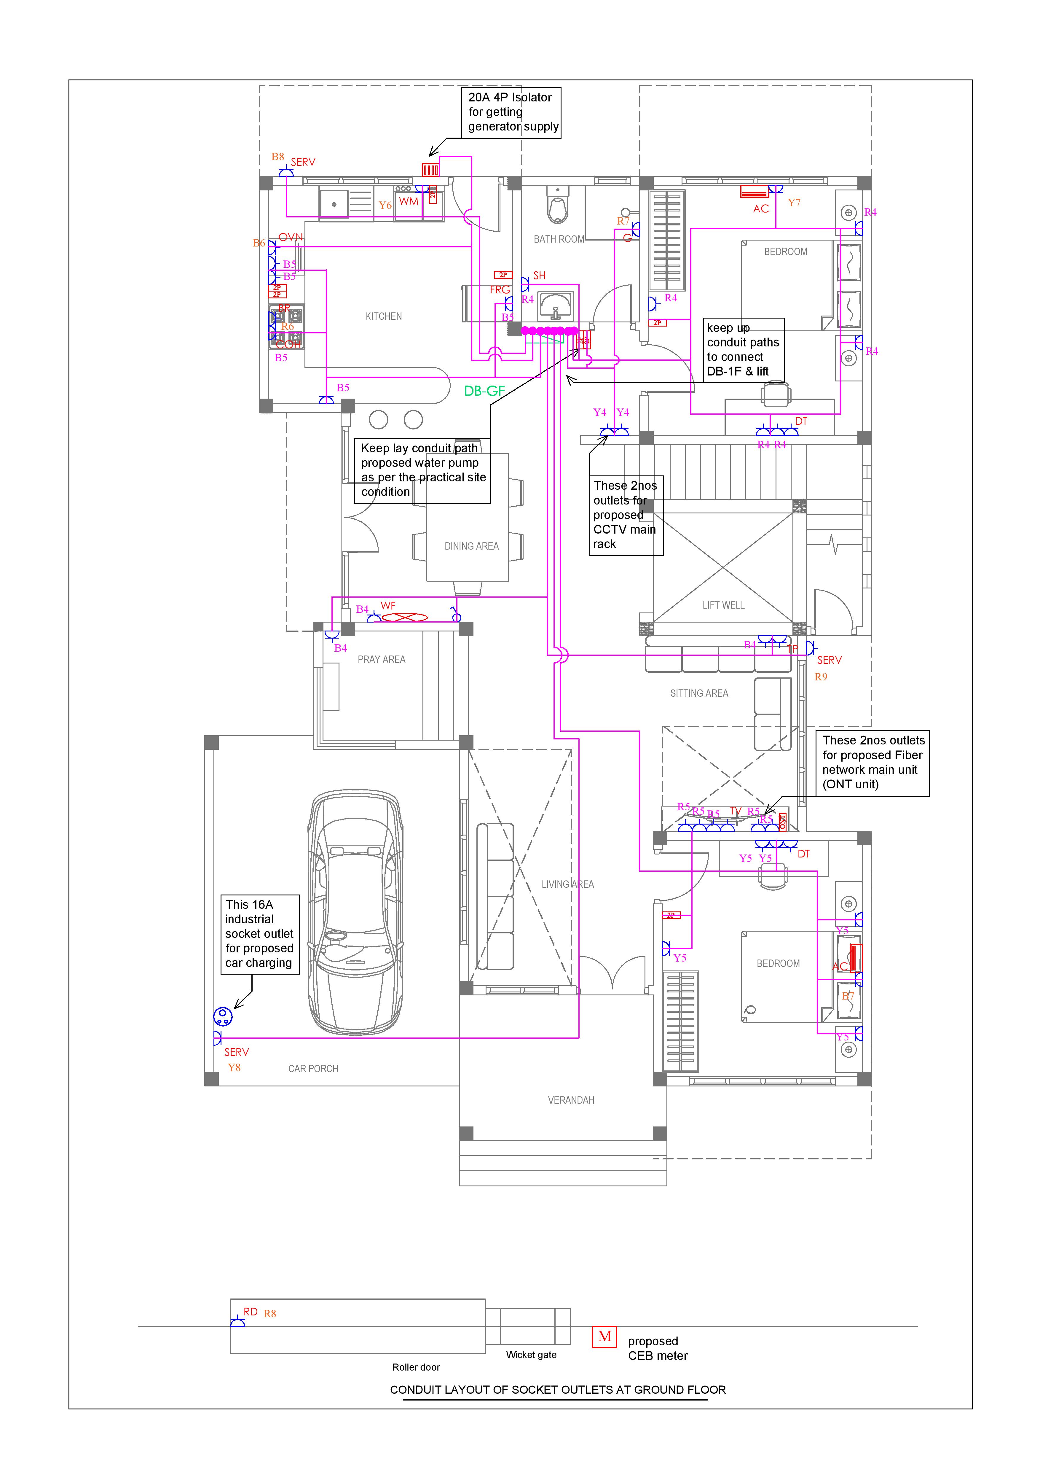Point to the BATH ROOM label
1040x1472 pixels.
point(559,239)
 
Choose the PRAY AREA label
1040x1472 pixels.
point(381,659)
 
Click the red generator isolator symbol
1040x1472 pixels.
point(430,170)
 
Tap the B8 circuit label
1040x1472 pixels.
point(277,156)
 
